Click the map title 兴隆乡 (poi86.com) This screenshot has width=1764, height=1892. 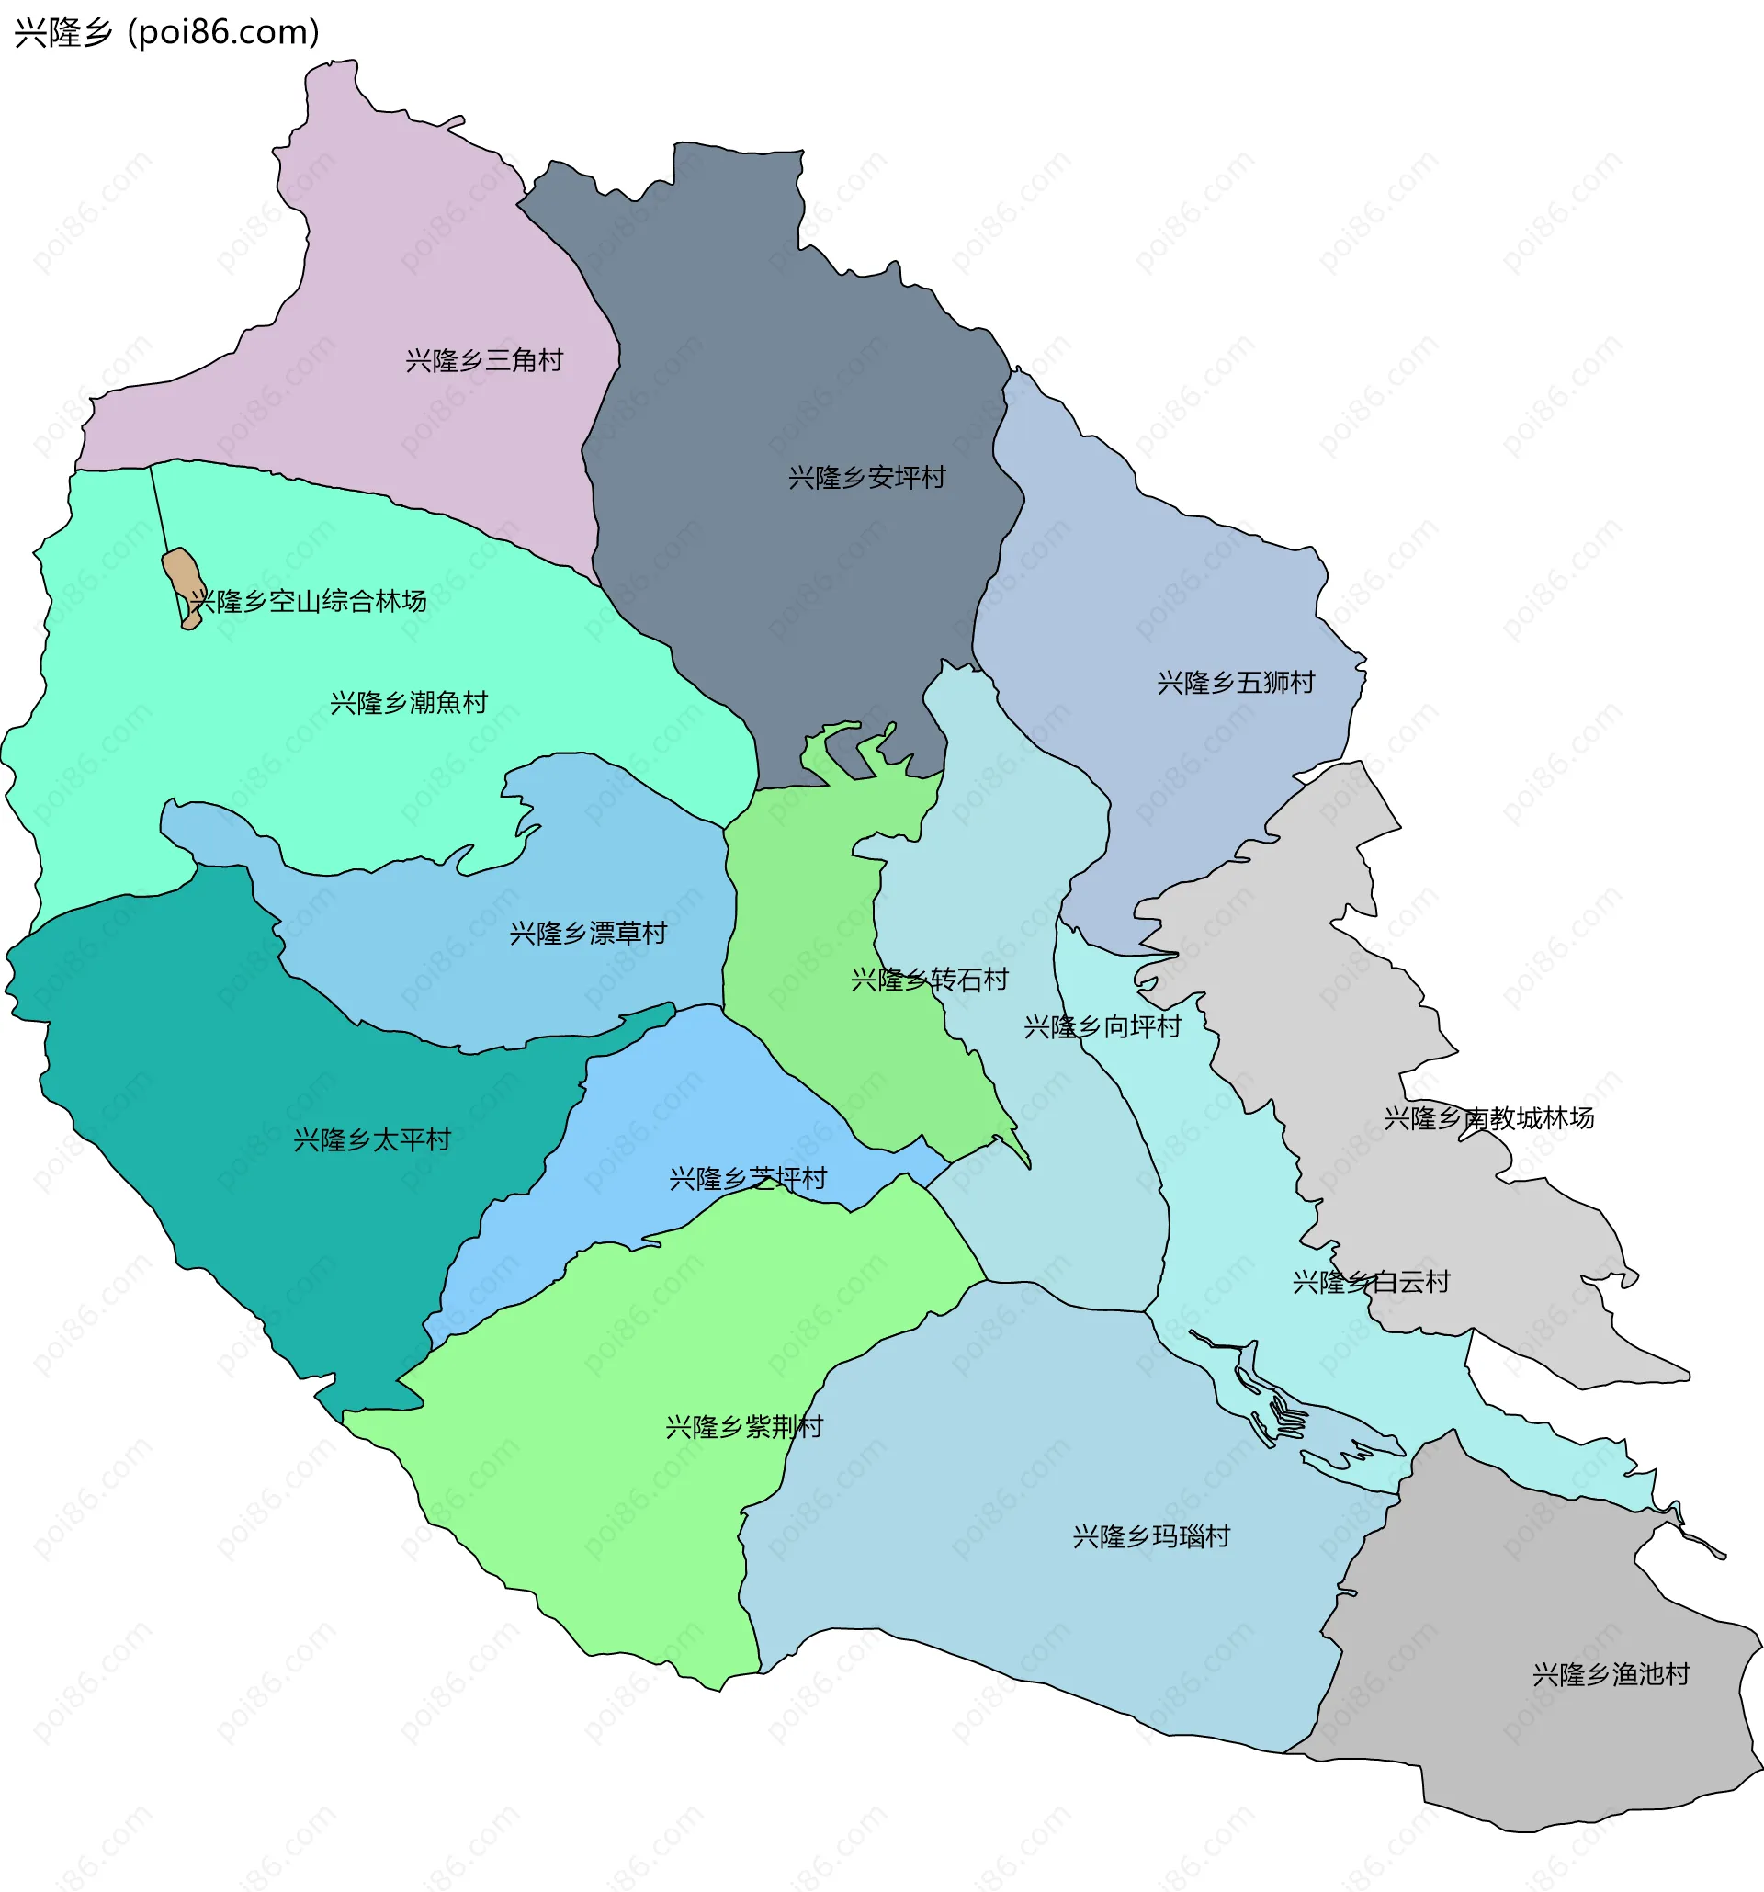(x=166, y=33)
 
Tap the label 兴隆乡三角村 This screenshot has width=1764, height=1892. (x=484, y=361)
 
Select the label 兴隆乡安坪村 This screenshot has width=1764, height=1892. (x=866, y=478)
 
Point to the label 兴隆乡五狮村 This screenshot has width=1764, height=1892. (x=1236, y=683)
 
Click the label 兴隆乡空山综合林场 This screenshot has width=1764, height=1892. (x=309, y=602)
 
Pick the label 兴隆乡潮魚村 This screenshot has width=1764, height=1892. (x=409, y=703)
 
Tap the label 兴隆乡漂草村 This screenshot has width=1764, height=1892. (x=588, y=934)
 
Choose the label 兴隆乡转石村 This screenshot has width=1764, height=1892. (x=930, y=980)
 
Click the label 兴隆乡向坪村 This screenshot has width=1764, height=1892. (x=1102, y=1027)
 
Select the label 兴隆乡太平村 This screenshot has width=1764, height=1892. (x=372, y=1140)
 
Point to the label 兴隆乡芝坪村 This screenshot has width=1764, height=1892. (x=748, y=1179)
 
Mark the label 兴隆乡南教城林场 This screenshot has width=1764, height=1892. (x=1488, y=1118)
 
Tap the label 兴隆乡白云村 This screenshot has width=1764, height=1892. (x=1371, y=1282)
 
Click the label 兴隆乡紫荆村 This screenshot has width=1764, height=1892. (x=744, y=1427)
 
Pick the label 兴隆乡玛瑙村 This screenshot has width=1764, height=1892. (x=1151, y=1537)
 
